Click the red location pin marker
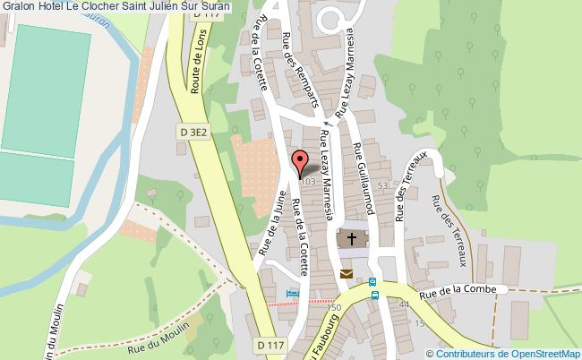coord(300,163)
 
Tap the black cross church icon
coord(351,239)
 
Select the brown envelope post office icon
coord(346,274)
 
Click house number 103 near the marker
coord(309,182)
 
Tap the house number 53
coord(382,185)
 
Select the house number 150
coord(335,307)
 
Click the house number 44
coord(404,305)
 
